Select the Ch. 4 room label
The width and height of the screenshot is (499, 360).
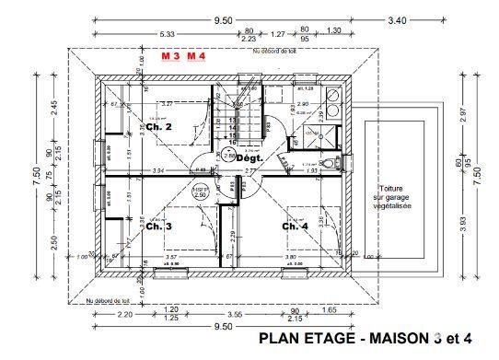click(295, 226)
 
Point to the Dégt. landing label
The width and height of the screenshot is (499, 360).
click(250, 157)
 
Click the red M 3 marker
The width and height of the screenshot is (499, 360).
click(170, 56)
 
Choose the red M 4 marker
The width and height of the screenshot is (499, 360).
click(196, 56)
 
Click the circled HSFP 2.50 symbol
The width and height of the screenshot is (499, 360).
click(200, 193)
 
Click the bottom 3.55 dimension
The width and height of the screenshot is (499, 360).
click(237, 315)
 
